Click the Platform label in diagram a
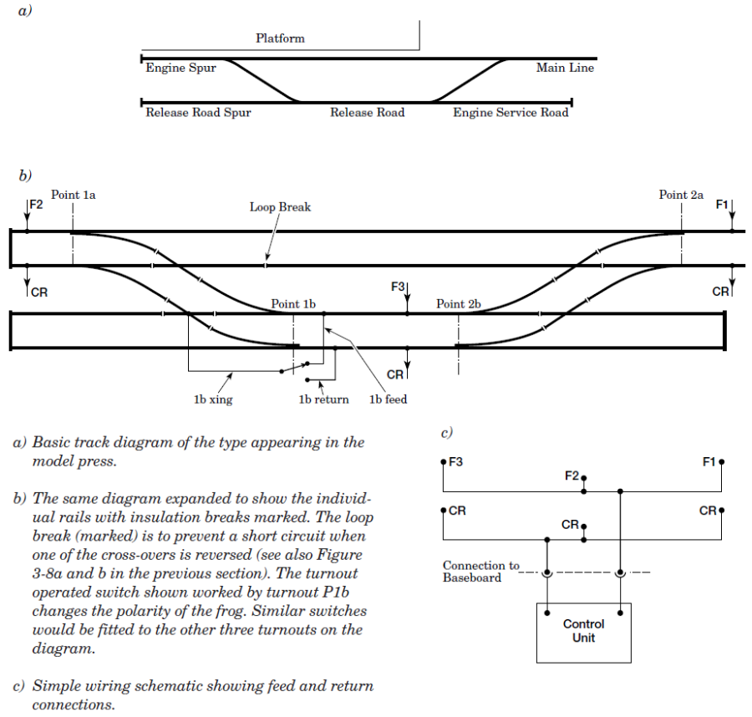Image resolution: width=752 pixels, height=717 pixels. pos(280,38)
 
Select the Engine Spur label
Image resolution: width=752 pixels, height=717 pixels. pos(180,69)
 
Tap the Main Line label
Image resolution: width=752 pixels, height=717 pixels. pos(565,69)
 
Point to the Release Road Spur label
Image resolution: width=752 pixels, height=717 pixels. pos(198,113)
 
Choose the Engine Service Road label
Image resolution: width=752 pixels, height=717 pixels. pos(511,113)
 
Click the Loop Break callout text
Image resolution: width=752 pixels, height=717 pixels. pos(280,207)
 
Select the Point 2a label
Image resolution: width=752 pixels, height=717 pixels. pos(681,195)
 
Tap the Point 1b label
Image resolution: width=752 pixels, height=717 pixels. pos(292,304)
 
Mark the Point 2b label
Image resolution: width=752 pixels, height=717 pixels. pos(459,304)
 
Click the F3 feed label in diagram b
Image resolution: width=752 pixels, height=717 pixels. pos(398,287)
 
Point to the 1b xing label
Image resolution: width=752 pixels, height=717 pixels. pos(213,399)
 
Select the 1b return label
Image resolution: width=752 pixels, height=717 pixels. pos(324,399)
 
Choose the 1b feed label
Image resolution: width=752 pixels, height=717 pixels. pos(389,399)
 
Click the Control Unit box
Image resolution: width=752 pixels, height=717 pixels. pos(583,632)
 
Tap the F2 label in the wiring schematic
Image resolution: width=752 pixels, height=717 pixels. pos(572,475)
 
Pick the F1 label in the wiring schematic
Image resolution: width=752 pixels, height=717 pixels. pos(709,461)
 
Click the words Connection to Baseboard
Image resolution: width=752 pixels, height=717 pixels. pos(480,572)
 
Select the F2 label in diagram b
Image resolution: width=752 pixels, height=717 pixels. pos(36,204)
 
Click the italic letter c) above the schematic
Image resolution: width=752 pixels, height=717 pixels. pos(447,433)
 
